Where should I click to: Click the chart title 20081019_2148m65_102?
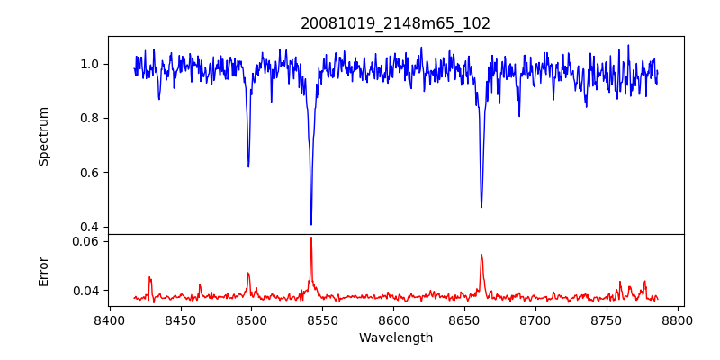tap(396, 23)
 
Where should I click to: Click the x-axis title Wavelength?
tap(396, 337)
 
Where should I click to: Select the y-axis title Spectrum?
tap(44, 136)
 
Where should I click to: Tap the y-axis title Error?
tap(44, 271)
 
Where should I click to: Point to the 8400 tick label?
tap(109, 319)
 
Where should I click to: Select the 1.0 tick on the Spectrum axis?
tap(91, 64)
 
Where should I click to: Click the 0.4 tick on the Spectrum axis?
tap(91, 227)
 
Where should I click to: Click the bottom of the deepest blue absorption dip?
tap(311, 224)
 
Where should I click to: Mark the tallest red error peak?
tap(311, 238)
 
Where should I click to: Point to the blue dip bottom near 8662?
tap(481, 207)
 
